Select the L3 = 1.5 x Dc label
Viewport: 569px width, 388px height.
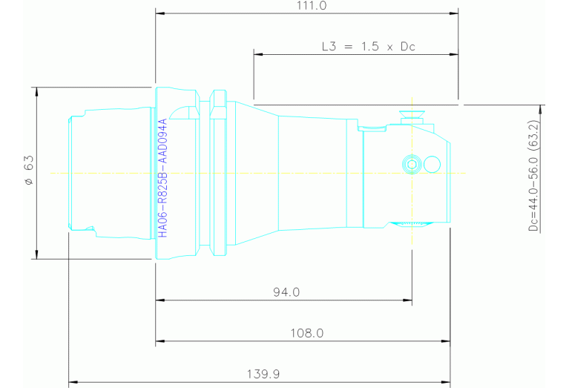(368, 46)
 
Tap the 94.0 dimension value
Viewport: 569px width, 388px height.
(285, 292)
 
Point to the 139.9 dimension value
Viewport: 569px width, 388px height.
(265, 375)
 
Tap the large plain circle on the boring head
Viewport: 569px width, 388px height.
(432, 164)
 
